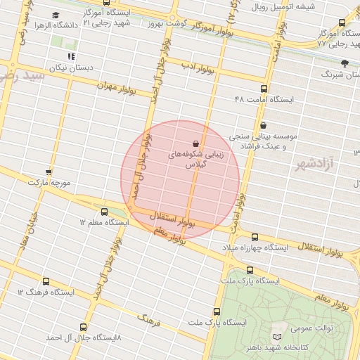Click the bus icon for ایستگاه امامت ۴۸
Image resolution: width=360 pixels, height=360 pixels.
coord(264,89)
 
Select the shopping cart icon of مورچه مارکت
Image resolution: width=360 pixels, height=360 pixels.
coord(49,171)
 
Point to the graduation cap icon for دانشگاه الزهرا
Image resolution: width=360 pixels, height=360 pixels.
coord(56,15)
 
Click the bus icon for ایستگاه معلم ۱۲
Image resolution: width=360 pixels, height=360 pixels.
coord(105,211)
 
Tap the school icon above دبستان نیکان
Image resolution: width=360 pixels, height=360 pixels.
coord(70,56)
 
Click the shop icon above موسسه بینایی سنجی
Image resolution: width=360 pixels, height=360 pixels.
coord(263,125)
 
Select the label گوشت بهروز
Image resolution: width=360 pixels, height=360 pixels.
coord(166,23)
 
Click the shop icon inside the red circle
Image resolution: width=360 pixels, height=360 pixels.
coord(195,143)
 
